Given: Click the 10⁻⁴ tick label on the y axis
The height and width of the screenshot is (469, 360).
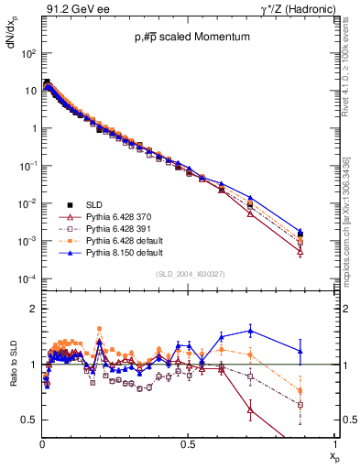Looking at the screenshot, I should point(27,278).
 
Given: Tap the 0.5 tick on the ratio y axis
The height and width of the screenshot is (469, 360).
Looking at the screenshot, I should point(29,420).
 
